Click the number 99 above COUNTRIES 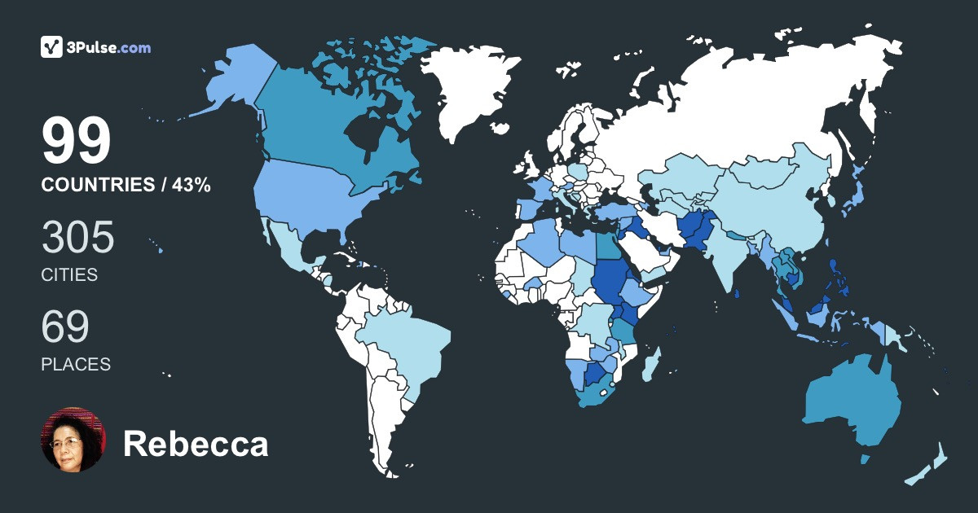[76, 142]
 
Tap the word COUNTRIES [97, 186]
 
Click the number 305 [77, 238]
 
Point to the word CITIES [69, 275]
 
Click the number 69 [64, 327]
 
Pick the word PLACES [76, 365]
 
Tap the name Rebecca [196, 445]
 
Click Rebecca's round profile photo [73, 440]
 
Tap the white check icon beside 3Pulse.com [52, 47]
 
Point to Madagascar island [650, 364]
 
